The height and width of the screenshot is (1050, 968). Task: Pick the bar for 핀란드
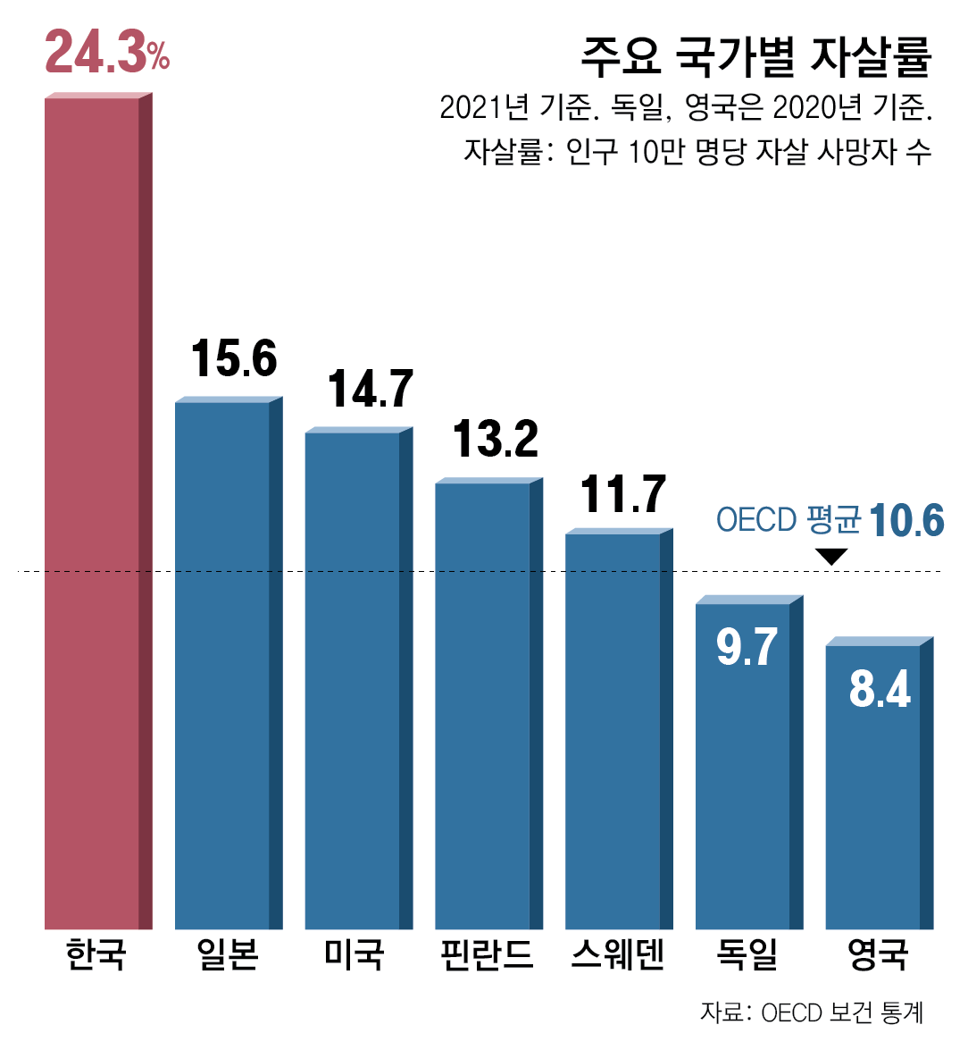483,706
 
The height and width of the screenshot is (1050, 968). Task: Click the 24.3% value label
106,53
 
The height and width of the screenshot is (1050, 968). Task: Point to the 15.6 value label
234,358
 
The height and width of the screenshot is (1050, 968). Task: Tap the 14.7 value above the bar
371,389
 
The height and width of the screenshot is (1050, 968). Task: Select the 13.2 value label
496,439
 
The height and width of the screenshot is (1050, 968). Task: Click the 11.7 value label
623,494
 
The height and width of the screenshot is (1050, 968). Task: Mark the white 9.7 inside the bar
747,647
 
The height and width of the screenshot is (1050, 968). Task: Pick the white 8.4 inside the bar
880,689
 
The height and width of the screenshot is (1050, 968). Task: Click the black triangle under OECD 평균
831,557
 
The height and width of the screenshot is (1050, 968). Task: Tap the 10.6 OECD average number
905,520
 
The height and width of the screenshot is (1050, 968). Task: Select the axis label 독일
747,954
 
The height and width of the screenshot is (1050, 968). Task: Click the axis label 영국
878,954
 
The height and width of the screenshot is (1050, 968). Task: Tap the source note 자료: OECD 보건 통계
811,1012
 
